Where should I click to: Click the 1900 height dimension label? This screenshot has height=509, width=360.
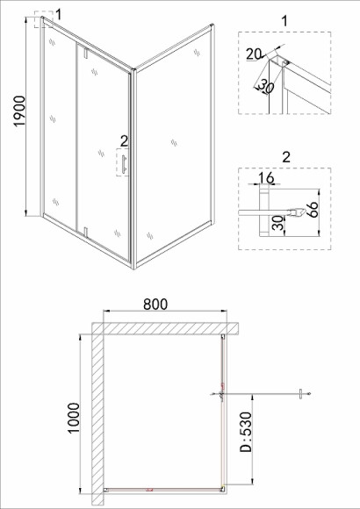click(19, 111)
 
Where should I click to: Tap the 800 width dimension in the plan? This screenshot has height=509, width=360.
click(155, 305)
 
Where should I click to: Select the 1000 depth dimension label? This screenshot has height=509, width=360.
click(74, 418)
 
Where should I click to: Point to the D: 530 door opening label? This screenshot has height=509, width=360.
click(246, 432)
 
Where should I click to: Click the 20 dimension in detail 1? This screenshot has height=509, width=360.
click(254, 54)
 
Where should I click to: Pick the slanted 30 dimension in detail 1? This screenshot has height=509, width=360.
click(266, 88)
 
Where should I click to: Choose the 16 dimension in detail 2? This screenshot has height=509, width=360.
click(266, 178)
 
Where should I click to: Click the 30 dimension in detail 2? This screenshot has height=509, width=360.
click(278, 223)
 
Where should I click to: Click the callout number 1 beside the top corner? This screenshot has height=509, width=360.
click(58, 14)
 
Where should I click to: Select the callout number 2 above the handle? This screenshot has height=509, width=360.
click(124, 141)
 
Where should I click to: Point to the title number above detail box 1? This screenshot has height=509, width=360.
click(284, 21)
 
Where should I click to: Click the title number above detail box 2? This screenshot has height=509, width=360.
click(286, 157)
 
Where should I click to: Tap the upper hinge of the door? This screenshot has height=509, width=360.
click(86, 53)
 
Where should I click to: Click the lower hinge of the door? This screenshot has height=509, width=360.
click(86, 233)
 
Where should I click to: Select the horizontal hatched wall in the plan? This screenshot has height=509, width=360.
click(165, 328)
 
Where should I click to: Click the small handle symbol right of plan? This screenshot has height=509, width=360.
click(301, 394)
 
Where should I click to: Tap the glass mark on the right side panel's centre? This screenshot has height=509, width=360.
click(174, 142)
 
